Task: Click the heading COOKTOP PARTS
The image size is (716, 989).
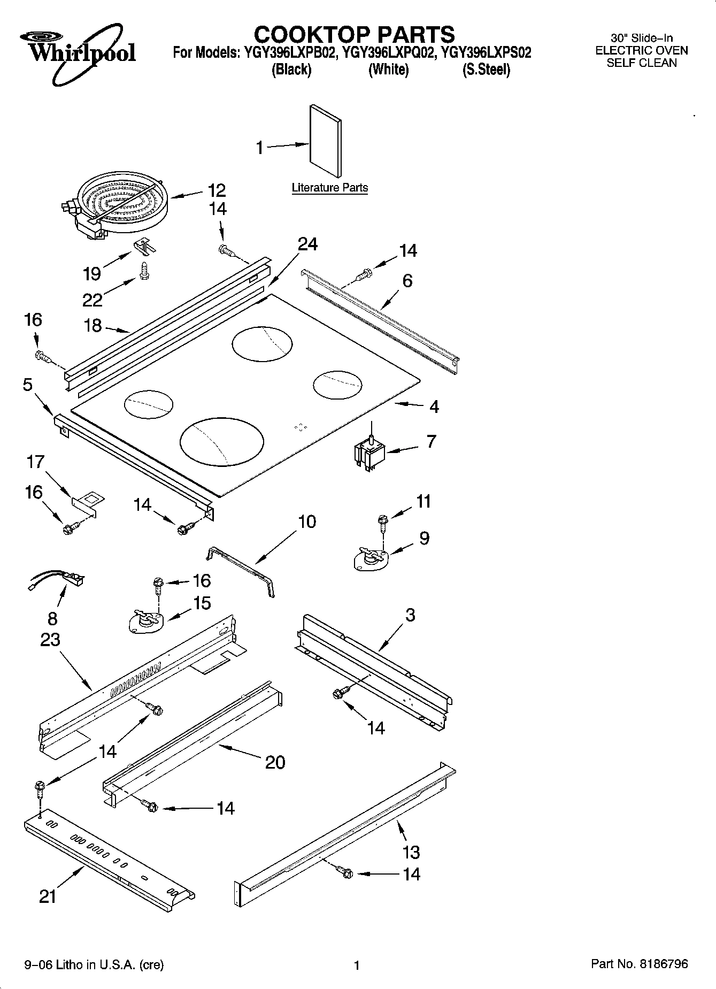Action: click(354, 34)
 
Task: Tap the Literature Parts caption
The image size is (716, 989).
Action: click(329, 188)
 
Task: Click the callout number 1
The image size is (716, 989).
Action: click(260, 148)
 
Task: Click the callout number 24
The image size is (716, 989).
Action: click(307, 244)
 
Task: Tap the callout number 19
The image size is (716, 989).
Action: click(92, 273)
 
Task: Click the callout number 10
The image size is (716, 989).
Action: click(306, 522)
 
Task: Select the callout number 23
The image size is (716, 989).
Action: click(50, 640)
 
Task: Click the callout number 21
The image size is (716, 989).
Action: click(48, 896)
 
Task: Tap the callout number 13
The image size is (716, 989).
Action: click(411, 852)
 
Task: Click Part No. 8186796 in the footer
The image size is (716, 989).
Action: click(639, 964)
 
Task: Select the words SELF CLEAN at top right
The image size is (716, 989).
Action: click(641, 63)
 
